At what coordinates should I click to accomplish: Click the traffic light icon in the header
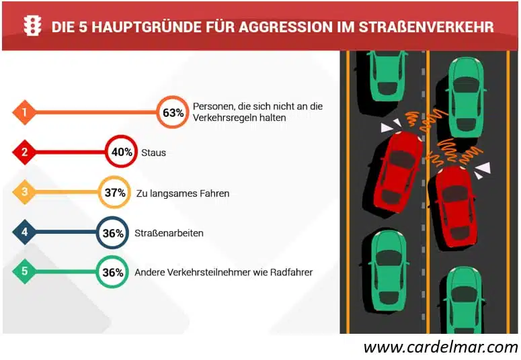tap(32, 26)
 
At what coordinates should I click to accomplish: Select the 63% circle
tap(171, 112)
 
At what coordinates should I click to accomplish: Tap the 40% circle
tap(122, 152)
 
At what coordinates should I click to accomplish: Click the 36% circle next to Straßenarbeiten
tap(112, 233)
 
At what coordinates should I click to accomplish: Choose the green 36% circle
tap(112, 272)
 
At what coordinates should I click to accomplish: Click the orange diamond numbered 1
tap(24, 112)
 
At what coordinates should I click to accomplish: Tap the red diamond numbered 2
tap(24, 152)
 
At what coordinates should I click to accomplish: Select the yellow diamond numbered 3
tap(24, 193)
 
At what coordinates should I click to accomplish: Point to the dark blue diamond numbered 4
tap(24, 233)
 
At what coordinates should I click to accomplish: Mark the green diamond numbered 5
tap(24, 272)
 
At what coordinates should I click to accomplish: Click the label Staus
tap(153, 153)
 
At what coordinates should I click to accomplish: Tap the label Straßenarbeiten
tap(169, 234)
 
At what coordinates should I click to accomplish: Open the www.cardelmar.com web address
tap(440, 347)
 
